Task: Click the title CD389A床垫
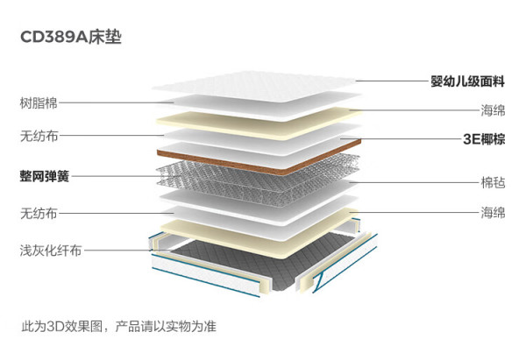click(x=71, y=37)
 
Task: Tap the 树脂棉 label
click(x=39, y=102)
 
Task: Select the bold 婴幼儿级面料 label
click(x=467, y=81)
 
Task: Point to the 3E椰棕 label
click(x=484, y=138)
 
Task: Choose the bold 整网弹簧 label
click(x=45, y=176)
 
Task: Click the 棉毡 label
click(x=493, y=183)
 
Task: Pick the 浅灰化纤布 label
click(x=51, y=250)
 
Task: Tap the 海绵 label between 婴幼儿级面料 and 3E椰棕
click(x=493, y=110)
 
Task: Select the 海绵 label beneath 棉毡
click(x=493, y=213)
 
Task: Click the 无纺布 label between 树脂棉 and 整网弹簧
click(x=39, y=136)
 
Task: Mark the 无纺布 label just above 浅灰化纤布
click(x=39, y=213)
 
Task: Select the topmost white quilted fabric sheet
click(x=254, y=86)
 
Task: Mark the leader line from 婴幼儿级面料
click(x=393, y=81)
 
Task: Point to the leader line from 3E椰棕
click(x=401, y=138)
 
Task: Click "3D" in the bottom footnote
click(x=53, y=326)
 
